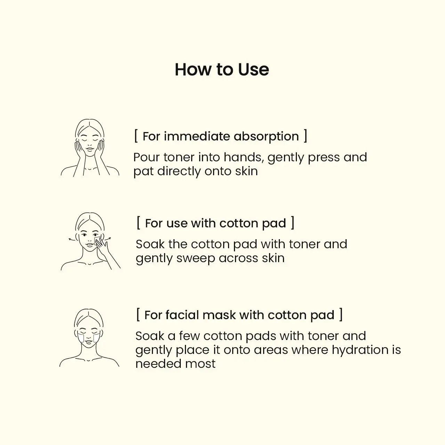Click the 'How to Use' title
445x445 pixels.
(x=222, y=70)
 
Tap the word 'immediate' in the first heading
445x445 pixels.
(x=197, y=136)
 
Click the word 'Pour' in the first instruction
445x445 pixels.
(x=146, y=157)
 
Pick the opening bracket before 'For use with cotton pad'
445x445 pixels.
(x=138, y=222)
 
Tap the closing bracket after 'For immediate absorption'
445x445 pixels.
(x=305, y=136)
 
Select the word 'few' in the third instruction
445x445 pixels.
(x=189, y=336)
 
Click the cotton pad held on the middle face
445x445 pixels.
(x=97, y=240)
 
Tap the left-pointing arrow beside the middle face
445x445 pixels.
(x=72, y=239)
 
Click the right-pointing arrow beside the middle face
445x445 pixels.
(x=107, y=239)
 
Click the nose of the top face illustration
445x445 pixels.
(x=90, y=144)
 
